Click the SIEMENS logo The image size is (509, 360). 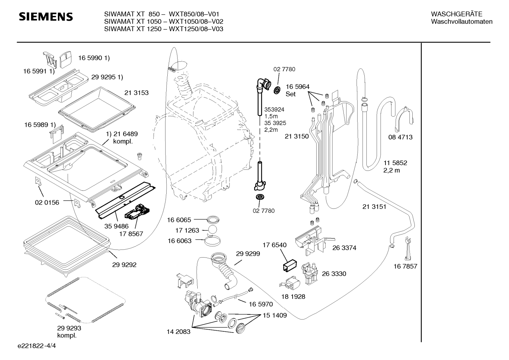pyautogui.click(x=46, y=17)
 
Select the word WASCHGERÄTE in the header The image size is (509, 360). pyautogui.click(x=456, y=14)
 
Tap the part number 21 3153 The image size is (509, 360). pyautogui.click(x=136, y=93)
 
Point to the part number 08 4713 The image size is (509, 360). pyautogui.click(x=400, y=137)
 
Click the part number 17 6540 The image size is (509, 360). pyautogui.click(x=275, y=245)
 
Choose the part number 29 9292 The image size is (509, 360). pyautogui.click(x=124, y=265)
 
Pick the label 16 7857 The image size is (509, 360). pyautogui.click(x=405, y=266)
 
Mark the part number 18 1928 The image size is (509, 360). pyautogui.click(x=293, y=296)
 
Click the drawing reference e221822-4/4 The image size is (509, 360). pyautogui.click(x=37, y=346)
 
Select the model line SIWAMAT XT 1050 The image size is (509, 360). pyautogui.click(x=133, y=22)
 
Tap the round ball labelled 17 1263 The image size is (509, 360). pyautogui.click(x=212, y=230)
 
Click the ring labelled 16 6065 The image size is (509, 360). pyautogui.click(x=213, y=220)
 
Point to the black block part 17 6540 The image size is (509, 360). pyautogui.click(x=290, y=265)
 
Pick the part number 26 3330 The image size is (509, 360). pyautogui.click(x=334, y=273)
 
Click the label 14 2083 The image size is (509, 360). pyautogui.click(x=178, y=332)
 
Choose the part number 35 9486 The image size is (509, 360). pyautogui.click(x=116, y=226)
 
